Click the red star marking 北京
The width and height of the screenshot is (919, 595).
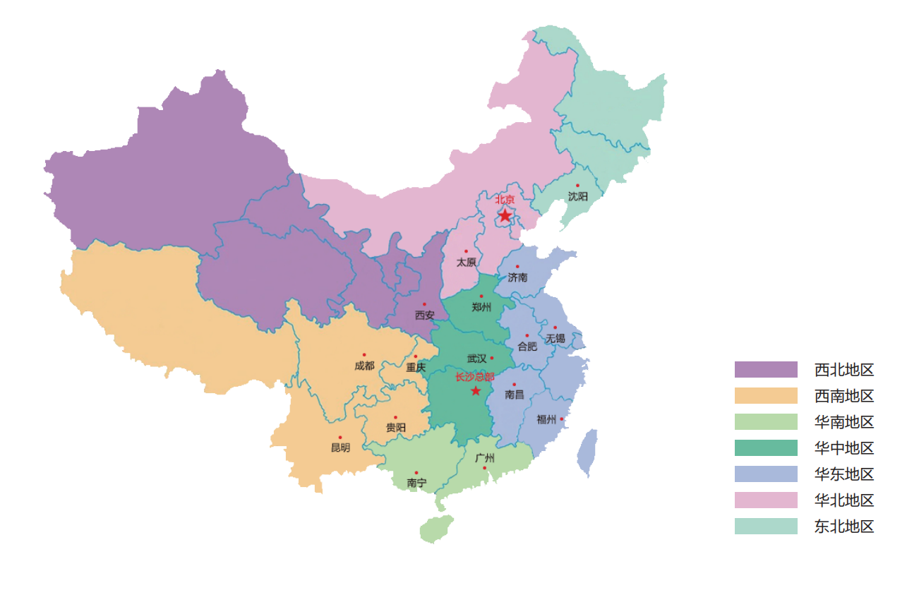[505, 215]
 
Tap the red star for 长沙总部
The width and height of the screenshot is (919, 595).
[476, 391]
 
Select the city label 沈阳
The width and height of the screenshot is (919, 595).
[577, 196]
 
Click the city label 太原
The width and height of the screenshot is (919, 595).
[466, 262]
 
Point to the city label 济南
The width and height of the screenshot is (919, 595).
[517, 277]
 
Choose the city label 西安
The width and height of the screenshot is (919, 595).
[424, 315]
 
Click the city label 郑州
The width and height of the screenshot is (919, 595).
[481, 307]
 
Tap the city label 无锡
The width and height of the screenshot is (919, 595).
[555, 338]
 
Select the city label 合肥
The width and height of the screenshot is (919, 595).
[527, 347]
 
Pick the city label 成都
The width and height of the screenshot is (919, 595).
[364, 366]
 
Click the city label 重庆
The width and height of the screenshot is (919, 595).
[416, 367]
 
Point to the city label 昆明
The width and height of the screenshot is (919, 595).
[340, 447]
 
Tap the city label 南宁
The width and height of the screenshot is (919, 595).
[416, 483]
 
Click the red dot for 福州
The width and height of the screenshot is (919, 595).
[562, 419]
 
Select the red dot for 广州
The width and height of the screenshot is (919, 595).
[484, 468]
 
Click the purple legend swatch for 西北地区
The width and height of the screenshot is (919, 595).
[766, 370]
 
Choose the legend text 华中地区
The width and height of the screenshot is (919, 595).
[844, 448]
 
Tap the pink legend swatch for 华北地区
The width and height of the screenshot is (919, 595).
[766, 500]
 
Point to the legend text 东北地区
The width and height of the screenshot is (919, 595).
[844, 527]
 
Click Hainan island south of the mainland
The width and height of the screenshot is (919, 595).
[436, 529]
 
